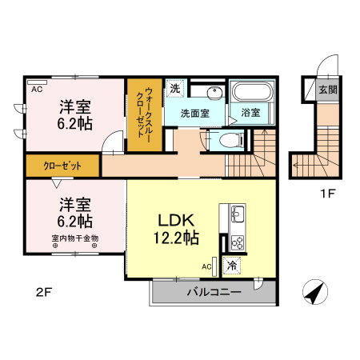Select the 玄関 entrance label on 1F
click(328, 90)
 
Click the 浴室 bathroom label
click(250, 113)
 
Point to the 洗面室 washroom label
click(194, 114)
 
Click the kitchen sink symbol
click(238, 214)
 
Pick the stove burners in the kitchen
click(238, 240)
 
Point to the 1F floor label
click(327, 193)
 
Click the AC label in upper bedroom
click(37, 89)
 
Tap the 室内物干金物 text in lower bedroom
click(74, 238)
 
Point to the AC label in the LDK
click(206, 266)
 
